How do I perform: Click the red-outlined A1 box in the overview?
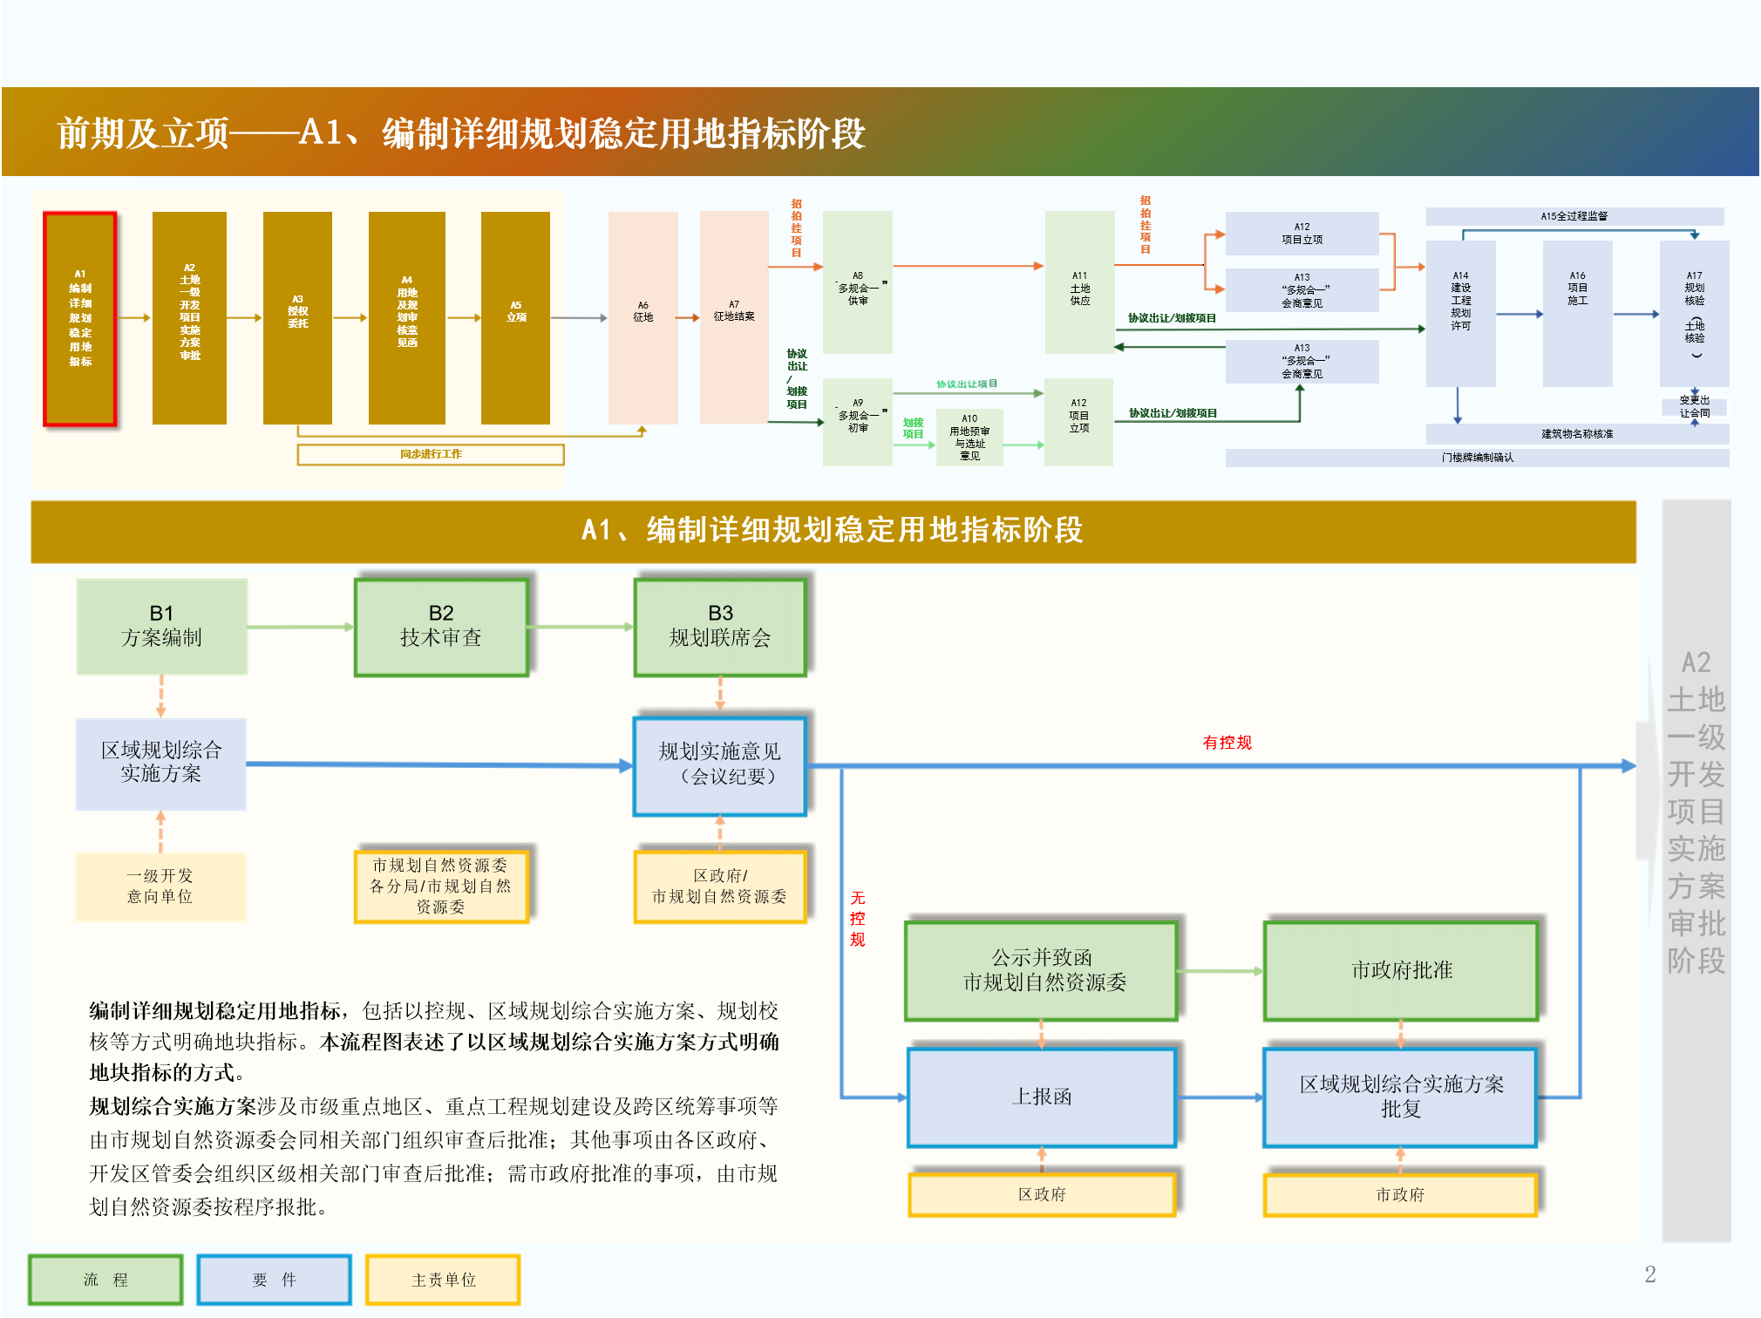(80, 318)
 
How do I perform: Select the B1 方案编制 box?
(162, 626)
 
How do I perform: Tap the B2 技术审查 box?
(441, 626)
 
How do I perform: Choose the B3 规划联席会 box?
(720, 626)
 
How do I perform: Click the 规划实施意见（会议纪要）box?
(720, 764)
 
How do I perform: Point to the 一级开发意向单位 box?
(160, 886)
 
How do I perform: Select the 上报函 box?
(1042, 1097)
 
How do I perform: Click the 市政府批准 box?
(1401, 970)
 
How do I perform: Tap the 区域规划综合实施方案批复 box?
(1401, 1097)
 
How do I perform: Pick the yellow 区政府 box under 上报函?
(1042, 1194)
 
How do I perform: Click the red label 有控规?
(1227, 743)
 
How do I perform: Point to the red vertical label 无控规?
(858, 919)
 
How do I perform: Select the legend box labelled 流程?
(105, 1280)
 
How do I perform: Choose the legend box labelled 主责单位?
(443, 1280)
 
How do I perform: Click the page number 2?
(1649, 1274)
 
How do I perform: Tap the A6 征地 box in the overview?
(643, 317)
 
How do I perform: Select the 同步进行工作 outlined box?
(431, 454)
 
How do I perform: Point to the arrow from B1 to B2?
(301, 627)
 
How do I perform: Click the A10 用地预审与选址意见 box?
(969, 438)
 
